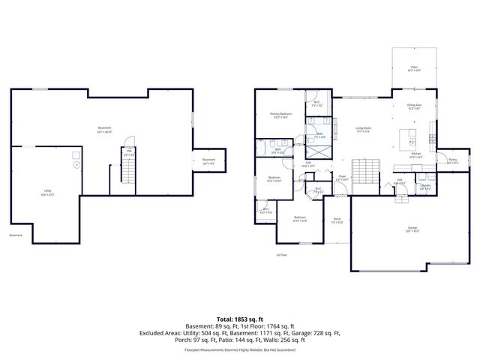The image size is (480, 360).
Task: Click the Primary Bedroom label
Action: pyautogui.click(x=281, y=115)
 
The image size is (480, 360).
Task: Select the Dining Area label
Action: pyautogui.click(x=414, y=106)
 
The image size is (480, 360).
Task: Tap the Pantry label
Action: pyautogui.click(x=452, y=160)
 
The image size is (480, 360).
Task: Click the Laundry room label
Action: pyautogui.click(x=424, y=187)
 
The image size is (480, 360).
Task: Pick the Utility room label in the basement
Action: pyautogui.click(x=49, y=193)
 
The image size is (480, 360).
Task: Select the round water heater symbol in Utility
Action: pyautogui.click(x=74, y=166)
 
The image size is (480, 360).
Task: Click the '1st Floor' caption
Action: pyautogui.click(x=303, y=255)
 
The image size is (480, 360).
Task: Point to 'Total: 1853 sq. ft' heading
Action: pyautogui.click(x=240, y=319)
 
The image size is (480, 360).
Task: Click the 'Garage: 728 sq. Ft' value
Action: pyautogui.click(x=316, y=332)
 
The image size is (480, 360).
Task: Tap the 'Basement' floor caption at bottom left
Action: pyautogui.click(x=16, y=235)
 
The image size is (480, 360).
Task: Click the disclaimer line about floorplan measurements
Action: pyautogui.click(x=240, y=349)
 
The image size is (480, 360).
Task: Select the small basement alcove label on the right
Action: pyautogui.click(x=208, y=160)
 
